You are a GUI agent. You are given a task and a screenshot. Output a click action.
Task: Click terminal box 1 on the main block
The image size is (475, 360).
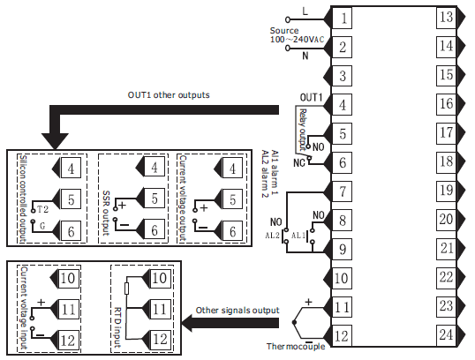(x=343, y=19)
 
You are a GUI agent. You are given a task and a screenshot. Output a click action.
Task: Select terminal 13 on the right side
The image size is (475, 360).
(x=446, y=18)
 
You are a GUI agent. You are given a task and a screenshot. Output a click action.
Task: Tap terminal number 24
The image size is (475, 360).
(x=446, y=335)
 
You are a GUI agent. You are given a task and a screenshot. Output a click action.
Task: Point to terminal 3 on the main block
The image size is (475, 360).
(x=343, y=76)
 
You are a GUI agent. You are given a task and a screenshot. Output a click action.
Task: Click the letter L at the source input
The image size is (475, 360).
(x=305, y=11)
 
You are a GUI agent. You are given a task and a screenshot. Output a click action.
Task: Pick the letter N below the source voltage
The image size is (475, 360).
(x=305, y=56)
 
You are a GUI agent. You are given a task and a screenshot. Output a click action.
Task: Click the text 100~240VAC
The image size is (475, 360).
(x=297, y=40)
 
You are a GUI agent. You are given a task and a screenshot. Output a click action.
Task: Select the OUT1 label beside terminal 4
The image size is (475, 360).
(x=311, y=97)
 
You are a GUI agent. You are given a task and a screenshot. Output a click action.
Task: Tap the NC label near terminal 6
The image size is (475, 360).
(x=299, y=163)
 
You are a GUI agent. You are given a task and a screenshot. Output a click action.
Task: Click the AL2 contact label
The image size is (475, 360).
(x=272, y=236)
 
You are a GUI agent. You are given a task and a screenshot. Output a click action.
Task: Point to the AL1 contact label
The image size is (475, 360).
(x=298, y=236)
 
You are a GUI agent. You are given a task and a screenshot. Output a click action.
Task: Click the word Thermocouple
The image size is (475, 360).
(x=296, y=347)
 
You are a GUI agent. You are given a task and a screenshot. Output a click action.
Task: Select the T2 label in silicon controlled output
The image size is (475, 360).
(x=42, y=209)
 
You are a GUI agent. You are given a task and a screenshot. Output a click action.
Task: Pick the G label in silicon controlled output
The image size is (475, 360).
(x=42, y=226)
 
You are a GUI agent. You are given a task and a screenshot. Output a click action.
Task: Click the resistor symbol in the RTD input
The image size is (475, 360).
(x=127, y=289)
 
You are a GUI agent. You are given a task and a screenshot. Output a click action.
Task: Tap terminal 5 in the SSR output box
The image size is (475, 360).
(x=155, y=199)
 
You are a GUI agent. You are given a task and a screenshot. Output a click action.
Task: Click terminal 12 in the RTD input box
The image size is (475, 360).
(x=159, y=340)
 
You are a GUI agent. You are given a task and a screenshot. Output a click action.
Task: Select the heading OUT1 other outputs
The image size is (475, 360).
(x=169, y=95)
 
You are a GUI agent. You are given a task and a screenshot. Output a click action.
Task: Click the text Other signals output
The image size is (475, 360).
(x=237, y=311)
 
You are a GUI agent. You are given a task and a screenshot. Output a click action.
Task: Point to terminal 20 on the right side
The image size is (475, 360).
(x=446, y=220)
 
